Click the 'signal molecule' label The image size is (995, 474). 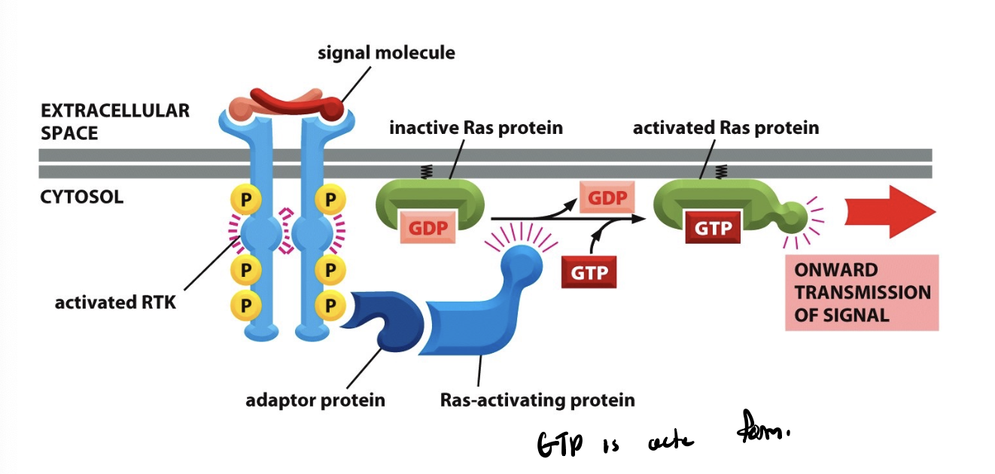click(x=386, y=53)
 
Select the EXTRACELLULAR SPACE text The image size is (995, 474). click(x=114, y=122)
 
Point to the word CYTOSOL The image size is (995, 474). click(x=82, y=198)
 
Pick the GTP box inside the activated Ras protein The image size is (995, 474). click(x=711, y=227)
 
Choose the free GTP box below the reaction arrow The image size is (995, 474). click(x=589, y=272)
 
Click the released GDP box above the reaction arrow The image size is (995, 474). click(x=607, y=198)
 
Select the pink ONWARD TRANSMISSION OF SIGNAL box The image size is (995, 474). click(x=862, y=293)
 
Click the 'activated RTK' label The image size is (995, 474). click(x=115, y=303)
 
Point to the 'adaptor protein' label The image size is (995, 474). click(x=315, y=400)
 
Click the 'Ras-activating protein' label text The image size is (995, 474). click(x=537, y=400)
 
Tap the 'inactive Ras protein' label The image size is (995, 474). click(x=476, y=128)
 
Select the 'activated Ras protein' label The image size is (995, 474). click(x=726, y=128)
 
